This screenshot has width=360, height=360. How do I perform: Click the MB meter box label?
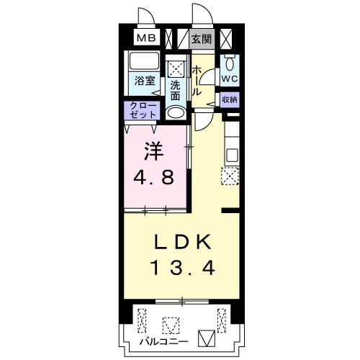click(x=146, y=38)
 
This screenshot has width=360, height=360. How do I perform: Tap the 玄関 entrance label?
click(x=202, y=39)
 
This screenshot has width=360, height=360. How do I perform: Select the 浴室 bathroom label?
click(x=145, y=81)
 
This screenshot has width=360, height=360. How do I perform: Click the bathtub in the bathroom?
click(x=144, y=61)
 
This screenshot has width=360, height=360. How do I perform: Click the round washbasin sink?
click(x=176, y=113)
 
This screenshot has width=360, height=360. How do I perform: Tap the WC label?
click(x=229, y=78)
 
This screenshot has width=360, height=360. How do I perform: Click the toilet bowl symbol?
click(x=230, y=63)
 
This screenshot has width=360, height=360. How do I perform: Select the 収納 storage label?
click(x=230, y=99)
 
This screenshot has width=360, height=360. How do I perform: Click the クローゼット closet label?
click(x=143, y=110)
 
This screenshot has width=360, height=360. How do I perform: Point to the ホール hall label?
click(x=197, y=81)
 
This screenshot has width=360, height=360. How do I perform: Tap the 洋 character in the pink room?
click(x=154, y=152)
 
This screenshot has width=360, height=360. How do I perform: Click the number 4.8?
click(x=153, y=178)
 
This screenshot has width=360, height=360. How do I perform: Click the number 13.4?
click(x=182, y=268)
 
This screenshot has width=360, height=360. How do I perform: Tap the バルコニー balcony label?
click(x=164, y=341)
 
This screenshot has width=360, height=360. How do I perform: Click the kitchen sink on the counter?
click(x=232, y=156)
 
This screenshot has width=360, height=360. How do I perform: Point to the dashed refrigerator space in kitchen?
click(x=230, y=176)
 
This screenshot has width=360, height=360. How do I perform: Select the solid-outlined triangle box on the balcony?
click(x=207, y=338)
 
